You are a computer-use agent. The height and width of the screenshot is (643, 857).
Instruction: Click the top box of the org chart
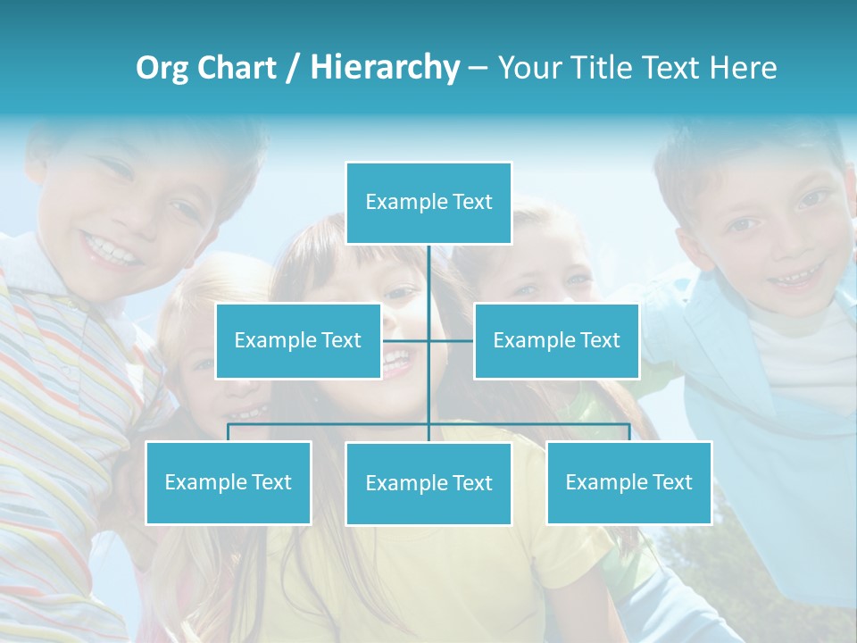pos(428,203)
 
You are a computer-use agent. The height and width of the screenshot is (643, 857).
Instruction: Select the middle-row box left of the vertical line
pos(298,341)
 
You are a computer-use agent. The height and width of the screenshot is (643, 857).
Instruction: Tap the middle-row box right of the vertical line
pos(556,341)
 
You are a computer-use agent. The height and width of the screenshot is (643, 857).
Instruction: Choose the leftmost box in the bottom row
pos(228,482)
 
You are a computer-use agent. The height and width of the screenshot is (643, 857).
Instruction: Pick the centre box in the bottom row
pos(428,483)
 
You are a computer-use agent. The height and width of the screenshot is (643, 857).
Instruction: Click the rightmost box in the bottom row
pos(628,482)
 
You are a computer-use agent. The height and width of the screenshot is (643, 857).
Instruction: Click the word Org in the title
pos(162,68)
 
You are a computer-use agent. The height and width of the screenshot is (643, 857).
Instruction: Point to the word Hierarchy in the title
pos(385,68)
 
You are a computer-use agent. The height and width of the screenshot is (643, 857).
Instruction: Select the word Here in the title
pos(743,68)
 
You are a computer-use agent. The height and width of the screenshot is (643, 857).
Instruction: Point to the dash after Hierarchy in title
pos(478,68)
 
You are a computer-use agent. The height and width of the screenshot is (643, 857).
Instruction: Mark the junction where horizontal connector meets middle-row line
pos(428,341)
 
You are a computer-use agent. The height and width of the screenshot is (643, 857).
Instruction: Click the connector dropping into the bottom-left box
pos(228,433)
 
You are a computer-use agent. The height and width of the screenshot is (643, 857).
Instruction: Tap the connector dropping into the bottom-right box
pos(628,433)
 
